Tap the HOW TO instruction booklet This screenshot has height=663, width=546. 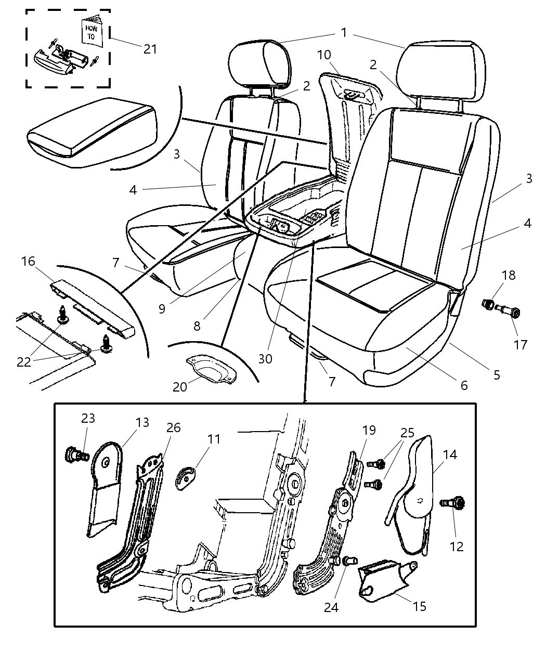[92, 32]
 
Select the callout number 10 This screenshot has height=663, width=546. [323, 55]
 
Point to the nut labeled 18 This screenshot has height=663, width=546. [489, 304]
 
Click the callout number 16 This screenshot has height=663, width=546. [28, 261]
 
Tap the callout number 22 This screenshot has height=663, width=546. [24, 362]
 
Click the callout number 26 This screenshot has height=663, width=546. [173, 427]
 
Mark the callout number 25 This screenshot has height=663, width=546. [407, 433]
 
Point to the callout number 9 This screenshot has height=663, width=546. [162, 308]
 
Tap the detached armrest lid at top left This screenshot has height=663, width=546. [91, 130]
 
